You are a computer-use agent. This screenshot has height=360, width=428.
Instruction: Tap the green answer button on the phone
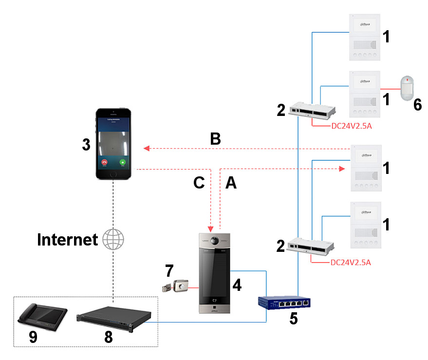tap(122, 162)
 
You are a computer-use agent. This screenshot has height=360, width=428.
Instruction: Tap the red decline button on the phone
tap(103, 162)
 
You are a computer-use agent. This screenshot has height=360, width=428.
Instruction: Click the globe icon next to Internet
tap(113, 239)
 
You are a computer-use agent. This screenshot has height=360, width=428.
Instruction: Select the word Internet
tap(67, 239)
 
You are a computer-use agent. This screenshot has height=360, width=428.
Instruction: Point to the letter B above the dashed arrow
tap(215, 139)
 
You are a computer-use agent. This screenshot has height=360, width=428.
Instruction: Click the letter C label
tap(199, 183)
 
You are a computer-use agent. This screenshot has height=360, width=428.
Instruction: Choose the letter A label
tap(231, 183)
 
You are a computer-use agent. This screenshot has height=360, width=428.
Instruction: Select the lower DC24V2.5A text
tap(351, 263)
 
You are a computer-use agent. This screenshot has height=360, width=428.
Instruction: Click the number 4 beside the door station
tap(237, 284)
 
